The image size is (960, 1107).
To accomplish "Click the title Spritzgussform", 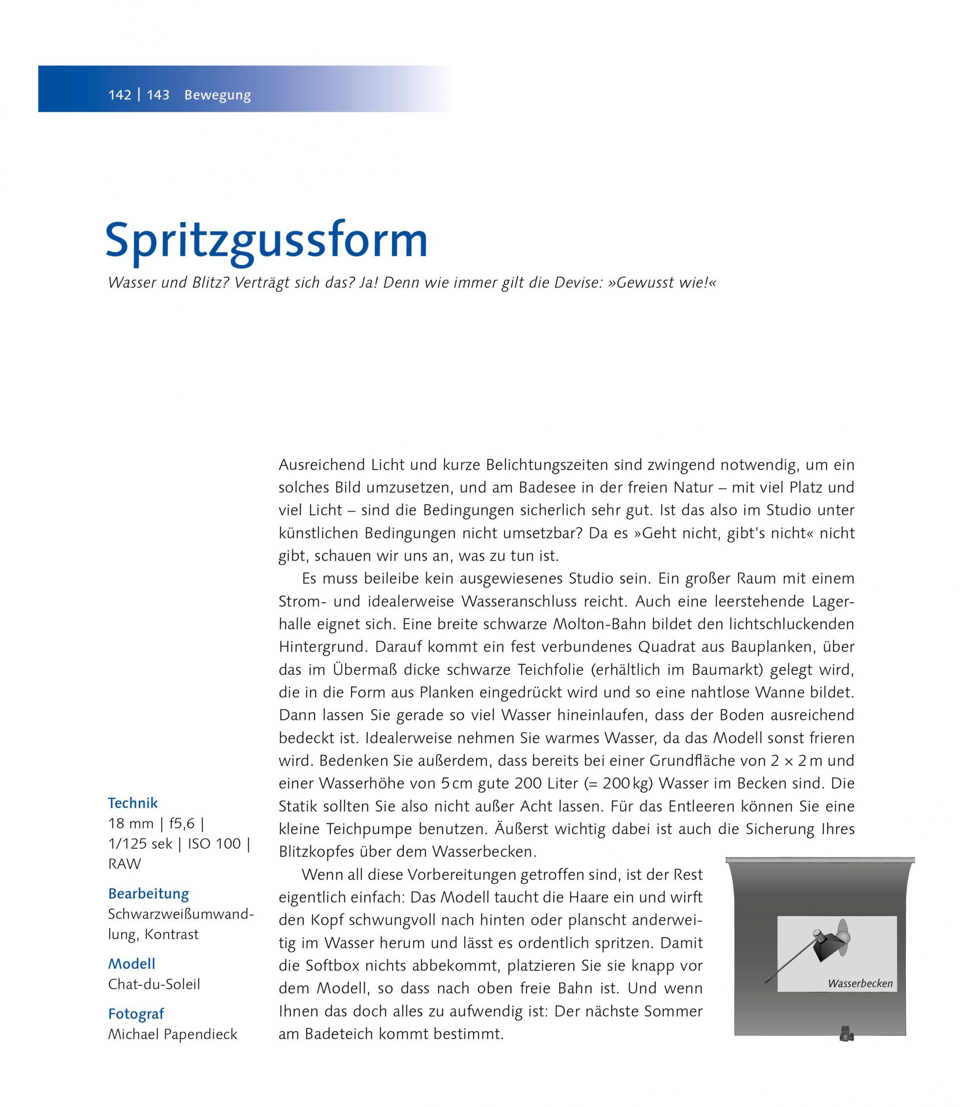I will [x=266, y=241].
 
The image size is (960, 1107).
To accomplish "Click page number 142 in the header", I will [x=120, y=95].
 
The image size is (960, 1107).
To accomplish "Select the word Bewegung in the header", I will [x=217, y=95].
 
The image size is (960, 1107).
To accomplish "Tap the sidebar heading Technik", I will [x=133, y=803].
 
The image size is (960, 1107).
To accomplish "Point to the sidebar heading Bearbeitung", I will [x=148, y=893].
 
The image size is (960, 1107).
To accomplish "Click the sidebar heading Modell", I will [x=132, y=964].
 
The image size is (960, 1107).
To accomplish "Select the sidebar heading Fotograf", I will [x=136, y=1014].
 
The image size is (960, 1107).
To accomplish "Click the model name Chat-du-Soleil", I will [x=154, y=984].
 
